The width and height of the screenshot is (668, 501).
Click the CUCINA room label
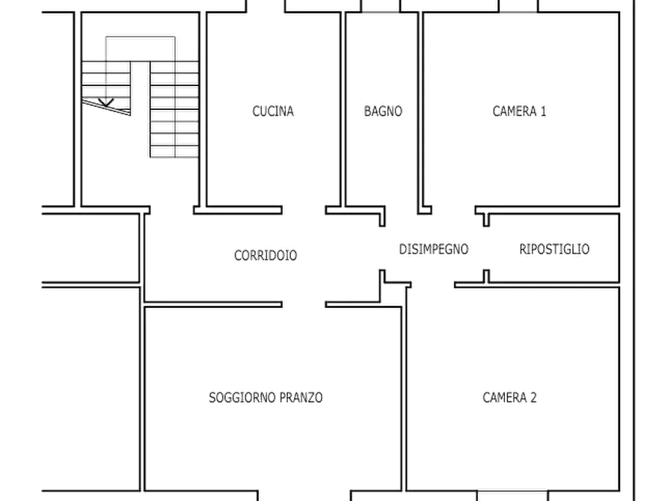273,111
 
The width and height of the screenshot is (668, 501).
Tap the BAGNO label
383,111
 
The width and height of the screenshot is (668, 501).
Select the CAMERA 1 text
519,111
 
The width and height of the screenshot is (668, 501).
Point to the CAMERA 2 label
509,398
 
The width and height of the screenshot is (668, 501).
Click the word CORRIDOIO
266,255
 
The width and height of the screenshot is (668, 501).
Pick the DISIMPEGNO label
434,249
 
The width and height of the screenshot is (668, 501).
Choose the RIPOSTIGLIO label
554,249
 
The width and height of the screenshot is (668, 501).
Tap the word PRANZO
301,398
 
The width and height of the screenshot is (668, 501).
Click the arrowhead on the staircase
105,102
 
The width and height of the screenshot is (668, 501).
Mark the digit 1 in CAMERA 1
543,111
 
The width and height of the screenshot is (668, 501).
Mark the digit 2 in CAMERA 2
533,398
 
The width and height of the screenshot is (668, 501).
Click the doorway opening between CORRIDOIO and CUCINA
304,210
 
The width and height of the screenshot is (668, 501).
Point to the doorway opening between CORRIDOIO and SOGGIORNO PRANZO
304,304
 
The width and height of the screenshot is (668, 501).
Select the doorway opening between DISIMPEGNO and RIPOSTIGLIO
486,248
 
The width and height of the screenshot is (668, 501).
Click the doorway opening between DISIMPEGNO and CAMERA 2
433,284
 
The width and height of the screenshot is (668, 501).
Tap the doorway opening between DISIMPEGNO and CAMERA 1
453,210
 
